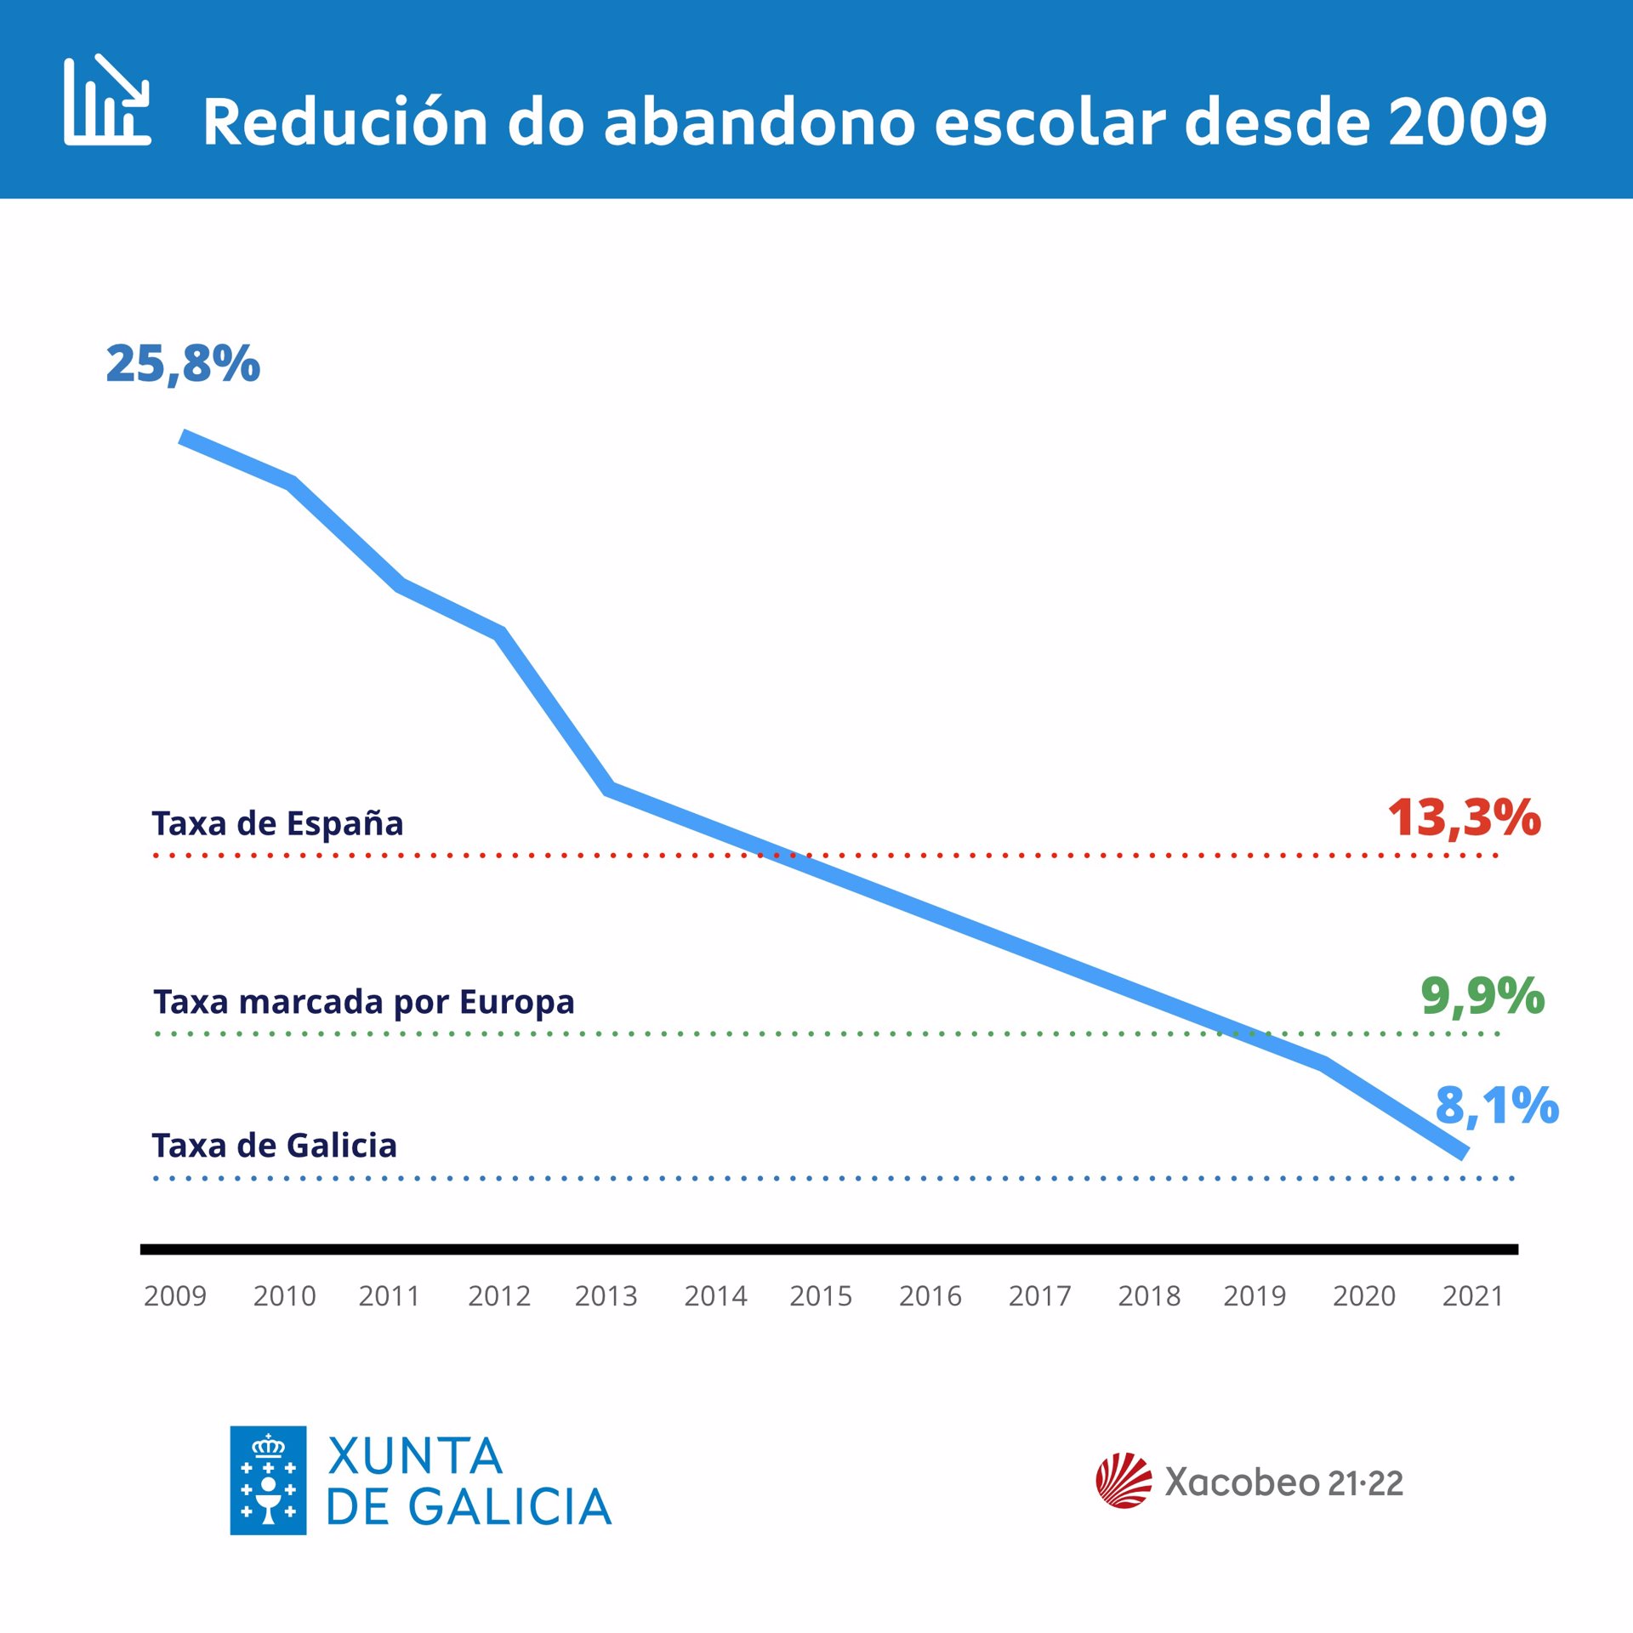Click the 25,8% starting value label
point(183,364)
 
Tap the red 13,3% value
point(1464,818)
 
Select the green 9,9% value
point(1482,996)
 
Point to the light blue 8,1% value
point(1497,1106)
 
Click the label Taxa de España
point(277,823)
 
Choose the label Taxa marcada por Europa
point(364,1002)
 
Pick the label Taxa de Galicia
point(274,1146)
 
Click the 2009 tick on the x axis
point(175,1296)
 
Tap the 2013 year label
point(606,1296)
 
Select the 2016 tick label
point(930,1296)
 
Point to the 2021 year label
point(1472,1296)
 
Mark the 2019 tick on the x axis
point(1255,1296)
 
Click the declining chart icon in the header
point(107,100)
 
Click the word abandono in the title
point(759,122)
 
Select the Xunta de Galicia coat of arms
point(268,1480)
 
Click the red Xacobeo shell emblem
point(1124,1481)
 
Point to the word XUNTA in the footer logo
point(415,1456)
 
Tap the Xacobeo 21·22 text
point(1283,1482)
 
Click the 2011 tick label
point(389,1296)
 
